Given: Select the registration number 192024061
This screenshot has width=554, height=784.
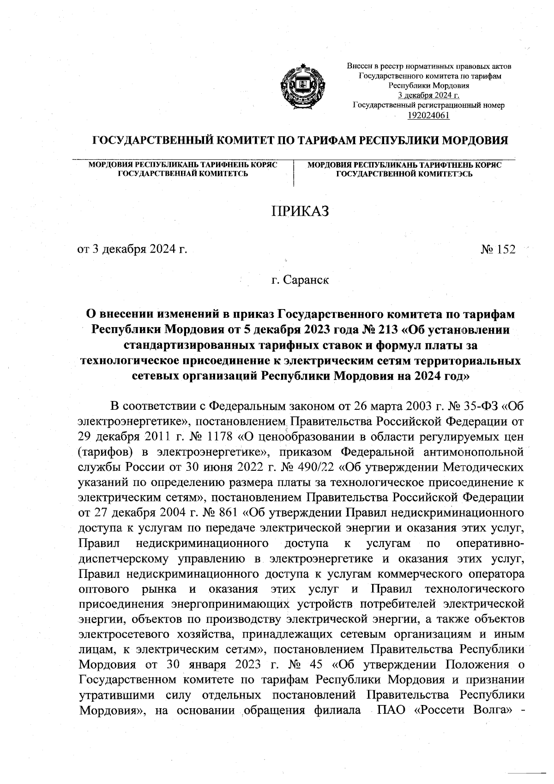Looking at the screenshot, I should [428, 115].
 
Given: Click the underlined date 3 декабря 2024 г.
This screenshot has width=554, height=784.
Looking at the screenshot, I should [428, 95].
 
